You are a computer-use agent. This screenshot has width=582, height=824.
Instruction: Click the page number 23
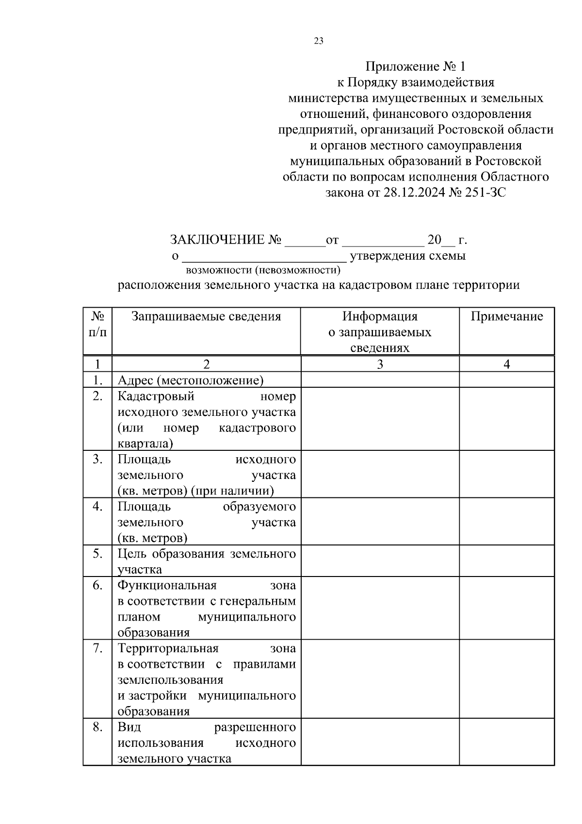click(319, 41)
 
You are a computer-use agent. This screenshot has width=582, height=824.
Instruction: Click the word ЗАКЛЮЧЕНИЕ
click(217, 240)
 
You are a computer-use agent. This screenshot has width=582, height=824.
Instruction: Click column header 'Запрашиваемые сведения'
click(206, 317)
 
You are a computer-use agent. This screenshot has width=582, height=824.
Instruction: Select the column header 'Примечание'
click(507, 317)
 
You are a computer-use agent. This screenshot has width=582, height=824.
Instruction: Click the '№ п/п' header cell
click(97, 325)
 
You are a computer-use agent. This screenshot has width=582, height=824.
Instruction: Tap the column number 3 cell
click(380, 364)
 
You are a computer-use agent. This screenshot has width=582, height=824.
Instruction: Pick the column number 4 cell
click(507, 364)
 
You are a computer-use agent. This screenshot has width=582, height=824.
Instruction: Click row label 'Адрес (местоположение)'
click(191, 380)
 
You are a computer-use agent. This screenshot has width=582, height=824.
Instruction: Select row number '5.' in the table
click(97, 554)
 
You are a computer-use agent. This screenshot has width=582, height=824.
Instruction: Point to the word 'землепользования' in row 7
click(170, 680)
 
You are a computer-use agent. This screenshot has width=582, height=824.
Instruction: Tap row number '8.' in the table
click(97, 727)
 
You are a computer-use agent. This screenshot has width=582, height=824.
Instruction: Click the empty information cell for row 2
click(380, 418)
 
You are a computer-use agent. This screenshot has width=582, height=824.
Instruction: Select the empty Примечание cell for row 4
click(507, 521)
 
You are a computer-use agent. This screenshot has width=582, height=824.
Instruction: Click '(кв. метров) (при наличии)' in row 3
click(196, 491)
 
